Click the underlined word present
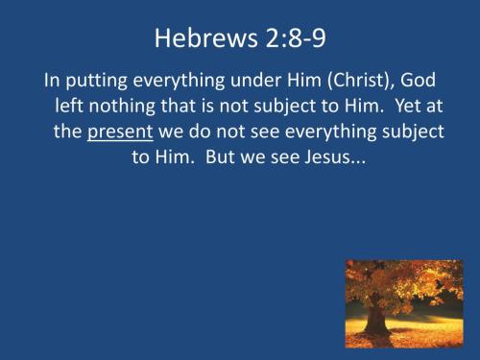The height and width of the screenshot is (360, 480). pos(120,132)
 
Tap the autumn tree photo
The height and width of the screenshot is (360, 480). pos(402,302)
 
